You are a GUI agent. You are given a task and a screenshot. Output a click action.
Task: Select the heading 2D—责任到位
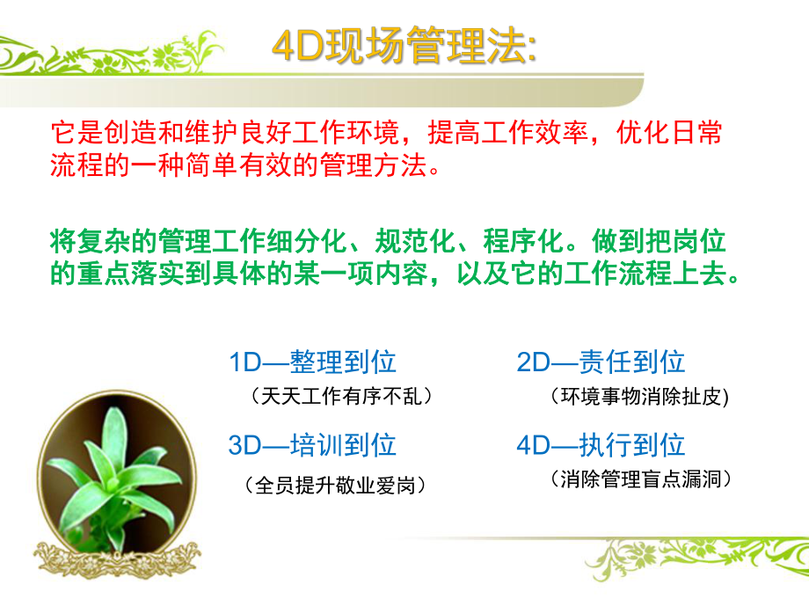[x=601, y=362]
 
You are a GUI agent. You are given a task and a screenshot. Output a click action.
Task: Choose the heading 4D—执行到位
[x=601, y=444]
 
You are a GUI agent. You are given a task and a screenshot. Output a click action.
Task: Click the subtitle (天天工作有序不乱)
[x=342, y=397]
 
